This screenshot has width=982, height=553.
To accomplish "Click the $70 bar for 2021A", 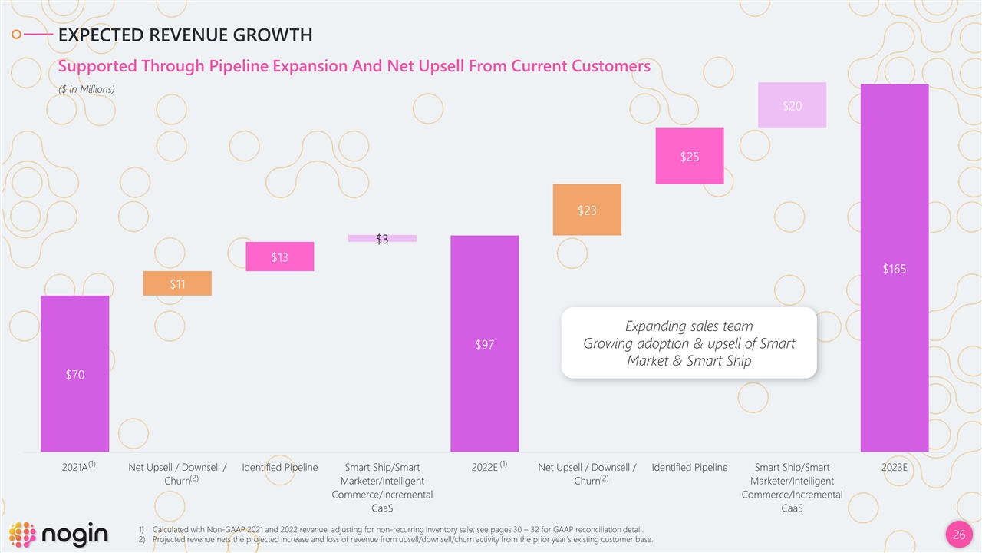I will (74, 373).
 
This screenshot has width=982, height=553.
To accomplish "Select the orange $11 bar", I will (177, 283).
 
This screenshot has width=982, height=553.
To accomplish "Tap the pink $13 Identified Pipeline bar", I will (279, 257).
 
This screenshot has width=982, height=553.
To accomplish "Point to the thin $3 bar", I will (382, 238).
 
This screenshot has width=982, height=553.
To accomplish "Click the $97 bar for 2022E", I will (484, 343).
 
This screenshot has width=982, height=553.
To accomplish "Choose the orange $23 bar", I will (587, 210).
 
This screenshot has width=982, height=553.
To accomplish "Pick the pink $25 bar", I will (689, 156).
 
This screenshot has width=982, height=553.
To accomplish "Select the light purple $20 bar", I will (792, 105).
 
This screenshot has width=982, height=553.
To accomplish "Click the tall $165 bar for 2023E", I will (894, 267).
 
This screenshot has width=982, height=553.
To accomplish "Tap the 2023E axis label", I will (894, 468).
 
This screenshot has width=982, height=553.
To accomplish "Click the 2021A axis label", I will (74, 468).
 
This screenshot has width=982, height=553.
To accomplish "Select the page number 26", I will (958, 535).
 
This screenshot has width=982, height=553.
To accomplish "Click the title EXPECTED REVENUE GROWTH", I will (185, 35).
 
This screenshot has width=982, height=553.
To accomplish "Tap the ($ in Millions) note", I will (87, 89).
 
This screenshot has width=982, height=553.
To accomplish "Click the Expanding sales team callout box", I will (688, 343).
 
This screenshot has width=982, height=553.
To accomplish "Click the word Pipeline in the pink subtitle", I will (237, 66).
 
